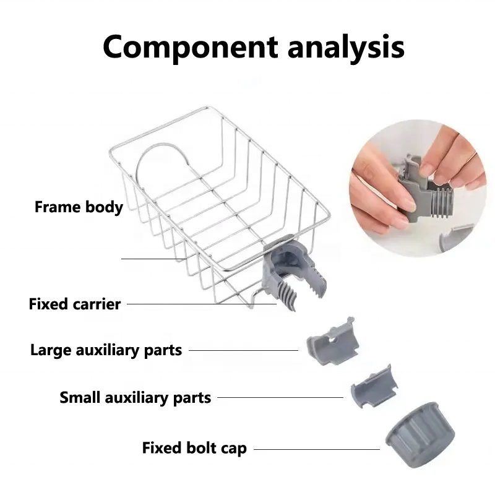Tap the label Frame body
point(79,207)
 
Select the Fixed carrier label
point(74,304)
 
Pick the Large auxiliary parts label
point(106,350)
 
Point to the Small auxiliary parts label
point(135,397)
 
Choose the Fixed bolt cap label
point(194,448)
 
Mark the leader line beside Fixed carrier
point(201,304)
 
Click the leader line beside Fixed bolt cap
point(316,449)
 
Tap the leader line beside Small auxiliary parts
point(280,397)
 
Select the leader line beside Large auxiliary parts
point(243,350)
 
